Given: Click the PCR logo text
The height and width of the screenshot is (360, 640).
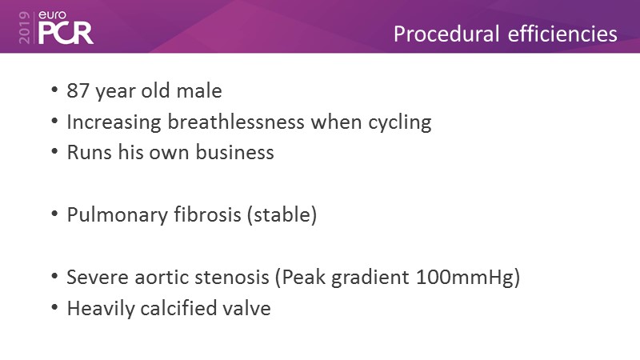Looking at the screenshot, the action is coord(66,33).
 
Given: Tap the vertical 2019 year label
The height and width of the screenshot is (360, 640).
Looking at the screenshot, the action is coord(25,27).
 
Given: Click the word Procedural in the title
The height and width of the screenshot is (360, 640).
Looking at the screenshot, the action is coord(446,34).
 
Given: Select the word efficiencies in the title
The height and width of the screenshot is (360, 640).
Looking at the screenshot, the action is coord(562,34).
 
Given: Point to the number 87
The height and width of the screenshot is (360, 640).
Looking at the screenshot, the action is coord(78,90).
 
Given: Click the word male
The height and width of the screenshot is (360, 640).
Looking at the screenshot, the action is coord(199,90).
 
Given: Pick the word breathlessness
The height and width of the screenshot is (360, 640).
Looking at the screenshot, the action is coord(236,122).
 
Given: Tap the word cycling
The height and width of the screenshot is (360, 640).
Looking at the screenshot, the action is coord(399,123).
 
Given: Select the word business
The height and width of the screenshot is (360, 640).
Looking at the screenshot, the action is coord(234,152).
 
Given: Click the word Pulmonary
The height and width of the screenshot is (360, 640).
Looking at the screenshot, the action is coord(117,215).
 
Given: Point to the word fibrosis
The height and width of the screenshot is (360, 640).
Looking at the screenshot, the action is coord(207,214).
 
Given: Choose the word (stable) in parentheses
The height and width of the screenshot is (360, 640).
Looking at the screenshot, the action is coord(282,215).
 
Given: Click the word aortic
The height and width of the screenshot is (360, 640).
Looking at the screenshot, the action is coord(162,277).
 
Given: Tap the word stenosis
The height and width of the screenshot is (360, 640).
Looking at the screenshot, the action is coord(232,277).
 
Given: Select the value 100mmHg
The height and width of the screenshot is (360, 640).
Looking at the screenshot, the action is coord(465,278).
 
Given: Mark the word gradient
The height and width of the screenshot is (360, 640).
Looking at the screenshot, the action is coord(370,278).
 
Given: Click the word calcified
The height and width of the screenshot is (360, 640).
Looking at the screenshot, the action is coord(178,308).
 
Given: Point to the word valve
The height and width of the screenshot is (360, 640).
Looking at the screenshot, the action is coord(247,308).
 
